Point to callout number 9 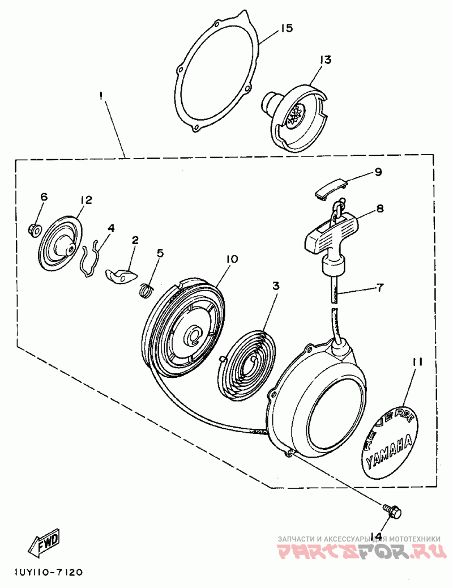[x=378, y=172]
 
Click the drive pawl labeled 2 [x=121, y=276]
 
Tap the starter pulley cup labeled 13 [x=294, y=116]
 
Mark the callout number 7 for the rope [x=378, y=288]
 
